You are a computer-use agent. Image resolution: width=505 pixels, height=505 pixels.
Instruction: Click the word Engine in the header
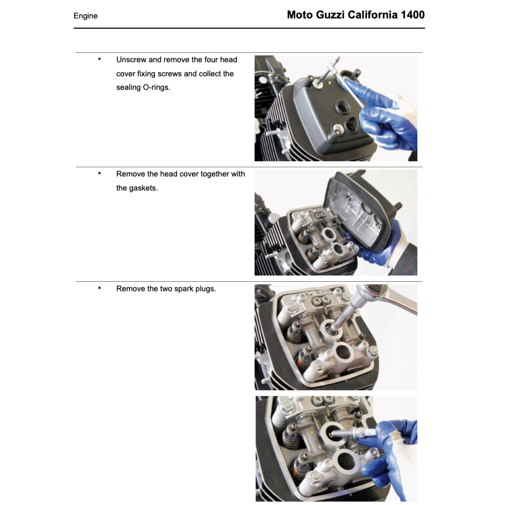[x=86, y=16]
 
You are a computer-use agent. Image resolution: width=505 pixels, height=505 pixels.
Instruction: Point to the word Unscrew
[x=131, y=60]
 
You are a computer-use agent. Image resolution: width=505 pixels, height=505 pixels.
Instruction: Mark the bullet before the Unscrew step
[x=99, y=59]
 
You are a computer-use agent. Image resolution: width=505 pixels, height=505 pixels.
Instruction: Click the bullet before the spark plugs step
[x=99, y=287]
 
